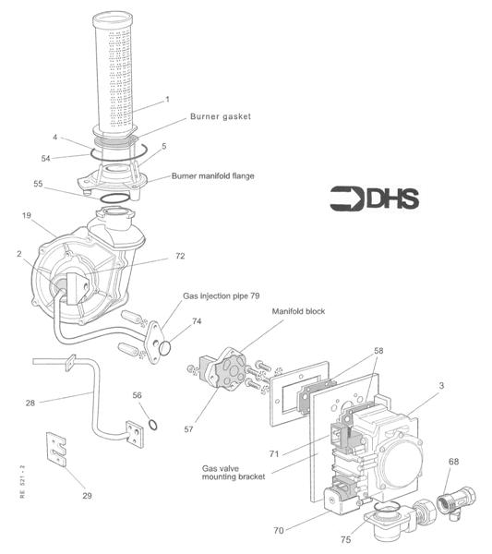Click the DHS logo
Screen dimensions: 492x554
[375, 199]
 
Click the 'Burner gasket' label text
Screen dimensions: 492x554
[221, 116]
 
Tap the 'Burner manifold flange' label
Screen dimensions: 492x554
[212, 175]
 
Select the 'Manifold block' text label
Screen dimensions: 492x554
[298, 311]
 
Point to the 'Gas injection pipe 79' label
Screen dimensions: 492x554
[222, 295]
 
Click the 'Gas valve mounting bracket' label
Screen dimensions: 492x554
[234, 473]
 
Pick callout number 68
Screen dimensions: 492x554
[453, 461]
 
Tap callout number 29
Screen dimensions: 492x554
[87, 495]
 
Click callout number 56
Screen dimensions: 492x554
[137, 395]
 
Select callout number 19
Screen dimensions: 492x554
[27, 215]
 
